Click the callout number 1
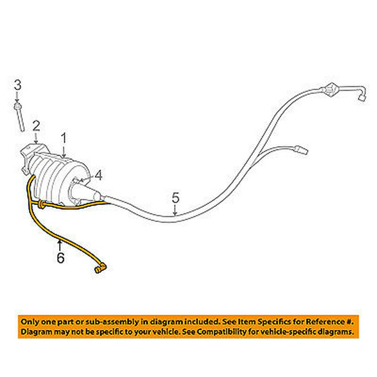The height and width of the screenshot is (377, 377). [64, 139]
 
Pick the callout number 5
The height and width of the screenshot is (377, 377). [175, 198]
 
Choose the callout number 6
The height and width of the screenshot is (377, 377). [60, 258]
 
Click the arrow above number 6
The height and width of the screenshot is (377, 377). [60, 245]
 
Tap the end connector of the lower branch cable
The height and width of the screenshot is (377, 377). [303, 150]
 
